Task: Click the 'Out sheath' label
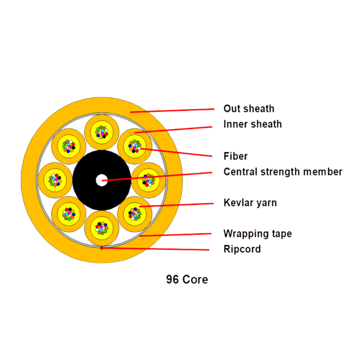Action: [x=248, y=109]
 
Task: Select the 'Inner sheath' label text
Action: [x=252, y=124]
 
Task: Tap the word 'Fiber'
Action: [x=235, y=157]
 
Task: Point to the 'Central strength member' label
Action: [x=283, y=172]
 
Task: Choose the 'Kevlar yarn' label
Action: [x=250, y=203]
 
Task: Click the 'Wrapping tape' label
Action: [x=257, y=234]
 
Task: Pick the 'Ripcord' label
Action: [x=242, y=249]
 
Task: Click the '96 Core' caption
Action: [x=187, y=279]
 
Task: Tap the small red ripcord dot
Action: [x=102, y=247]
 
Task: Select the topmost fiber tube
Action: [x=102, y=132]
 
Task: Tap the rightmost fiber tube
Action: [x=149, y=180]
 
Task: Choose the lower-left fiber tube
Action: [x=68, y=213]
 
